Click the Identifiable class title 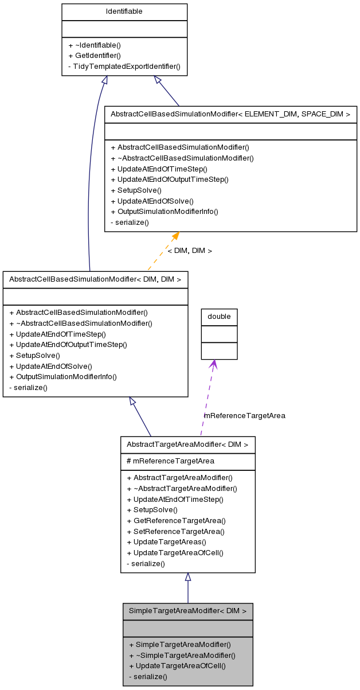(x=124, y=11)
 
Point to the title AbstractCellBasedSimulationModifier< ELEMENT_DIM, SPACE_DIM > (x=230, y=114)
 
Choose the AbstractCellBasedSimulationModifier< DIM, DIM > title (x=95, y=279)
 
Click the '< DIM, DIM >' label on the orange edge (x=190, y=251)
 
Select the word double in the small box (x=219, y=317)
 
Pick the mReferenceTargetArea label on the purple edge (x=245, y=415)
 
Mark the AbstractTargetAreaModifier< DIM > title (x=187, y=445)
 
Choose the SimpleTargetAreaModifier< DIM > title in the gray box (x=187, y=611)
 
